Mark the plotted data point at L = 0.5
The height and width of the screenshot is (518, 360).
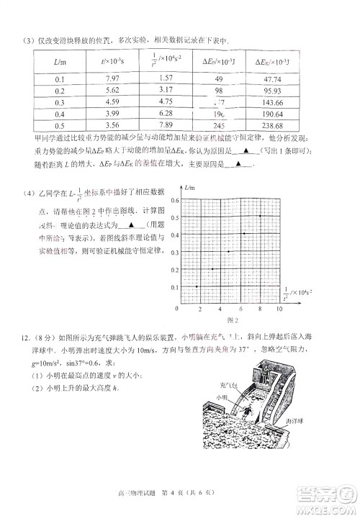(x=260, y=216)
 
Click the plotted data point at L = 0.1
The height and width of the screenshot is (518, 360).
(x=197, y=286)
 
